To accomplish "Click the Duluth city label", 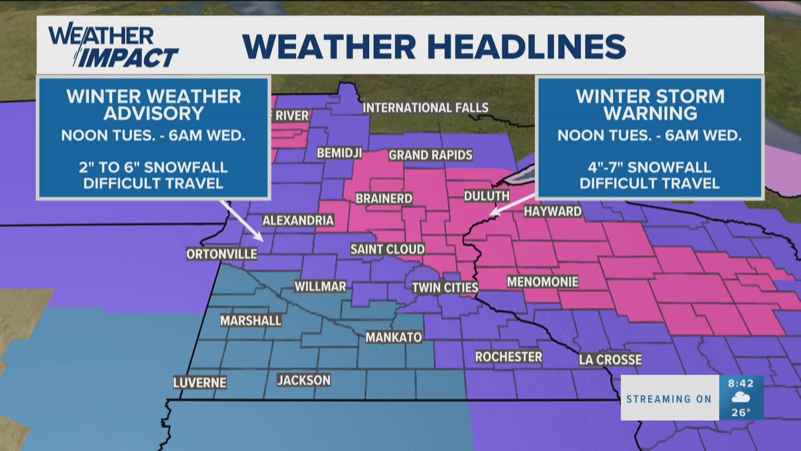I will point(486,196).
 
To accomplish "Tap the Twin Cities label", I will point(445,288).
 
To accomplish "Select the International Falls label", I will point(426,108).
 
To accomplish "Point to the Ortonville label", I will point(222,254).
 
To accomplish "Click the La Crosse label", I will point(610,360).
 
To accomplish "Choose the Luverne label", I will point(200,383).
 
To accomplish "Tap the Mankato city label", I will point(393,337).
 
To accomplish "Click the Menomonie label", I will point(542,282).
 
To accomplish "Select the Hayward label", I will point(552,211).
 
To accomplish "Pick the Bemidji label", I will point(339,153).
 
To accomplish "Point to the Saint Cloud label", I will point(387,249).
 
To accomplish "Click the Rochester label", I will point(509,357).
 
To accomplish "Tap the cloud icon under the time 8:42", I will point(741,398).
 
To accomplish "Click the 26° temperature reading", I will point(741,413).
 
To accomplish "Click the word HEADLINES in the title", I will point(526,46).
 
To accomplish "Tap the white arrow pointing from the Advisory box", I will point(242,222).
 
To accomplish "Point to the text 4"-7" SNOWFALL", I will point(649,167).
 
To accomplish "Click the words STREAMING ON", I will point(669,399).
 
